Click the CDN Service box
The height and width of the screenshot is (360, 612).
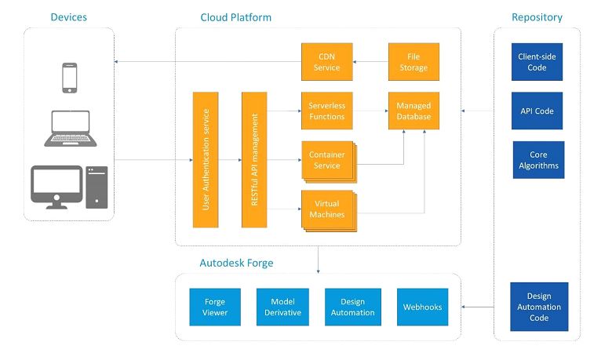(326, 62)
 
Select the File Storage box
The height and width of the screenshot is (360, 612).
(413, 62)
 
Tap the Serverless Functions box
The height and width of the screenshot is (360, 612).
(326, 111)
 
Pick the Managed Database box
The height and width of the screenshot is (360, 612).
(413, 111)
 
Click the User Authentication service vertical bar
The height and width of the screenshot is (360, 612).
(206, 159)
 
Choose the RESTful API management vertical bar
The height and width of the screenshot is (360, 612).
(254, 159)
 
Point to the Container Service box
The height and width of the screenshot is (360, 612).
(326, 160)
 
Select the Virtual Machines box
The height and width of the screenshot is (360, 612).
(326, 209)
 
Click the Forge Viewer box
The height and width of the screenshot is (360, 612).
(215, 307)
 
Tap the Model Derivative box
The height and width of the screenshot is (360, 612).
(282, 307)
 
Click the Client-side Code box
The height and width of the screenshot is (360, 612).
(537, 62)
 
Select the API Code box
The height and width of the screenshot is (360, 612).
(537, 111)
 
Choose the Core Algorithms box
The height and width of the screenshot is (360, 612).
(538, 160)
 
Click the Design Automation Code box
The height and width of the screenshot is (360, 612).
(537, 307)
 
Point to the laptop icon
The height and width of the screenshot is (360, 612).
(69, 128)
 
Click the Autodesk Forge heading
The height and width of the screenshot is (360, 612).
(236, 263)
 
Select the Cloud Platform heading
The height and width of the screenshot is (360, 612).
(236, 17)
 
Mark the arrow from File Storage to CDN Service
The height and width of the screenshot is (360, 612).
(370, 62)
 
